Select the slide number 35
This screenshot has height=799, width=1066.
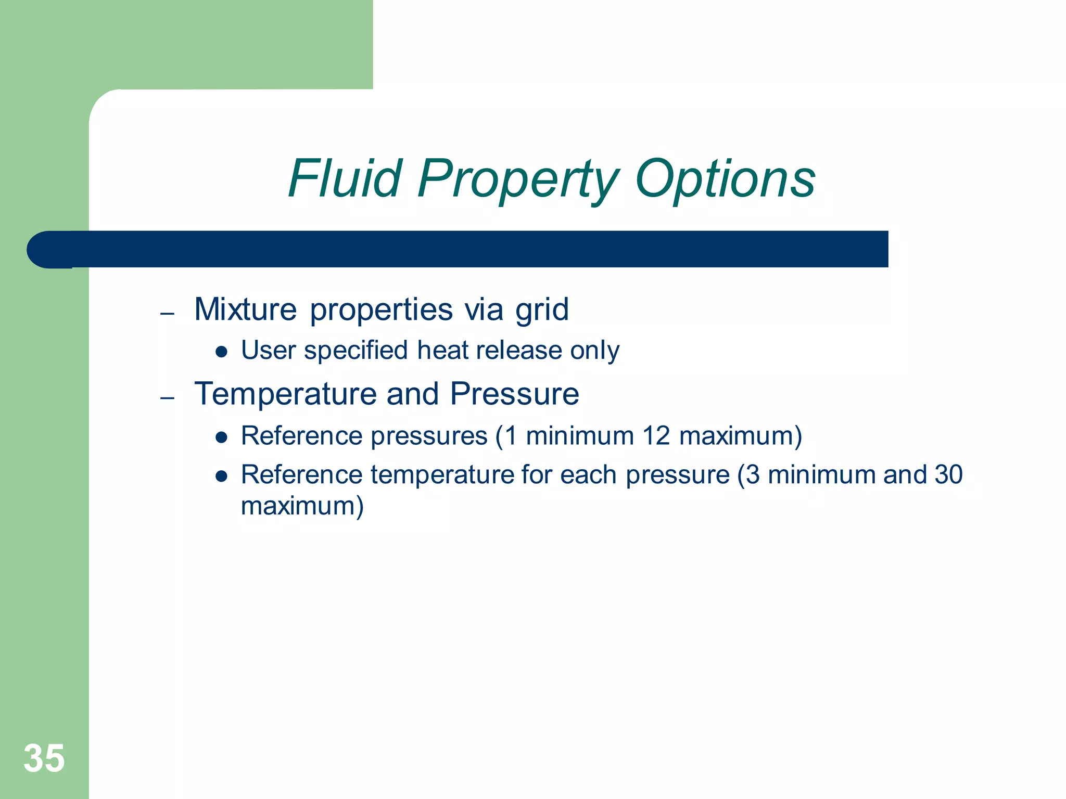44,758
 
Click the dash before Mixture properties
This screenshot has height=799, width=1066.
167,314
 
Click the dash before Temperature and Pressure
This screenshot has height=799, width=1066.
167,398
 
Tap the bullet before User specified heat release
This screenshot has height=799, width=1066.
222,352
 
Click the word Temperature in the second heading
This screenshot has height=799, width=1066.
285,394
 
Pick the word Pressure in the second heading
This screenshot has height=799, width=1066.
514,394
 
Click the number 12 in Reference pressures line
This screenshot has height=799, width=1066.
655,436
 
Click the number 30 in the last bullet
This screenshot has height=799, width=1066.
948,474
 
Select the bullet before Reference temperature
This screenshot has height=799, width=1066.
222,476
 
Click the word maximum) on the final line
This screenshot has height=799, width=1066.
302,506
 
